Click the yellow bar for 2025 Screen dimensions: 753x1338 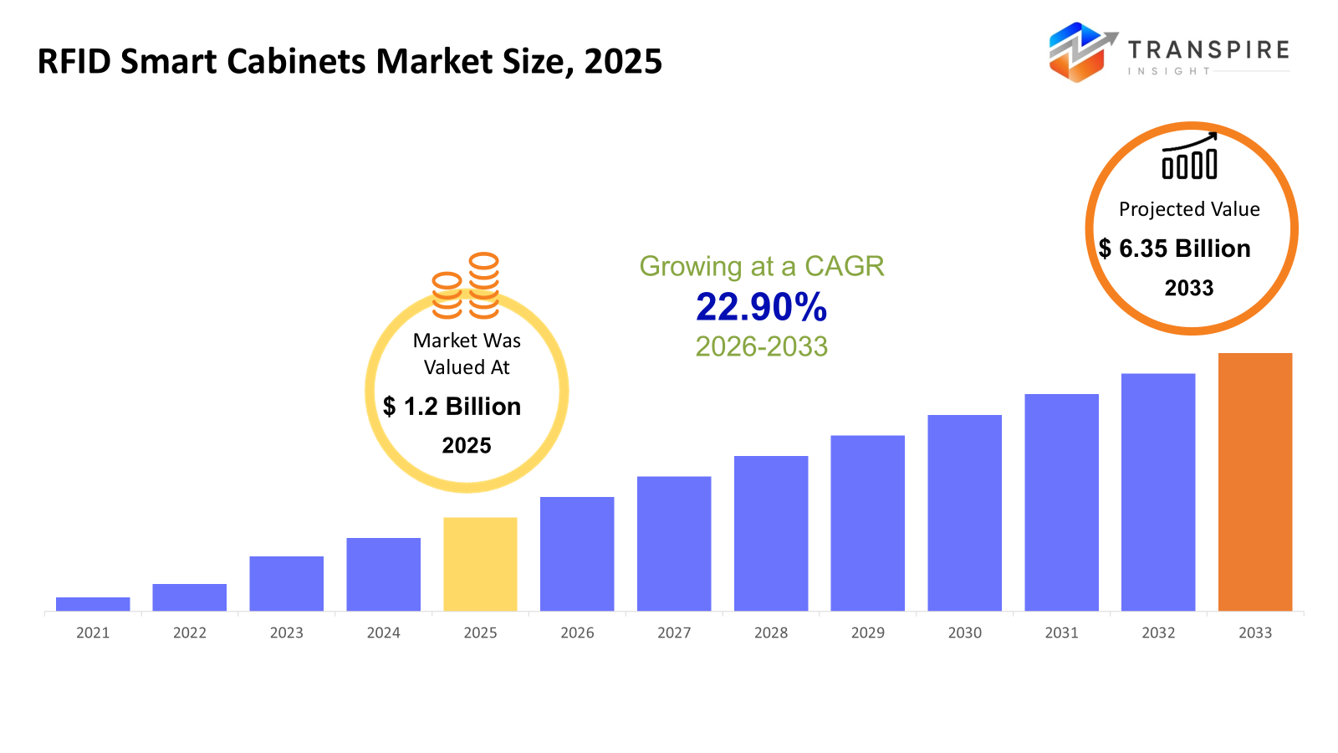(480, 564)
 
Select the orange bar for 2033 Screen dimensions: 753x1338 (1254, 482)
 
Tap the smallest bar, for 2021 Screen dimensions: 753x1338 (93, 604)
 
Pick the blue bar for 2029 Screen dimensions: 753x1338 (867, 523)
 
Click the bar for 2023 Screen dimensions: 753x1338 (286, 583)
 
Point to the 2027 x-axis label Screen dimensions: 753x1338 (674, 633)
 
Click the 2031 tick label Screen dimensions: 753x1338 (1061, 633)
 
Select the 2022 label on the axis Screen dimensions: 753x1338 (190, 633)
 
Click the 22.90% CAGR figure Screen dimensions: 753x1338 (761, 307)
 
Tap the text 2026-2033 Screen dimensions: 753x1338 (761, 346)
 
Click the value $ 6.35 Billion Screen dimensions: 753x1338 (1174, 248)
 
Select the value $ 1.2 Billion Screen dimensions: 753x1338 (452, 407)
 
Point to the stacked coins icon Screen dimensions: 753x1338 (466, 286)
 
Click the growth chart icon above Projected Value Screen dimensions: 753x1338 (1189, 156)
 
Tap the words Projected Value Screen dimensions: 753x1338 (1189, 209)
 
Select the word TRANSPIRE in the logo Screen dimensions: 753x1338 (1208, 50)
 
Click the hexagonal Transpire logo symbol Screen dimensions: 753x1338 (1080, 52)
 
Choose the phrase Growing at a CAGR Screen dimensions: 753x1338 (761, 266)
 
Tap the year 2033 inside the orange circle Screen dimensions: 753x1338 (1188, 289)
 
